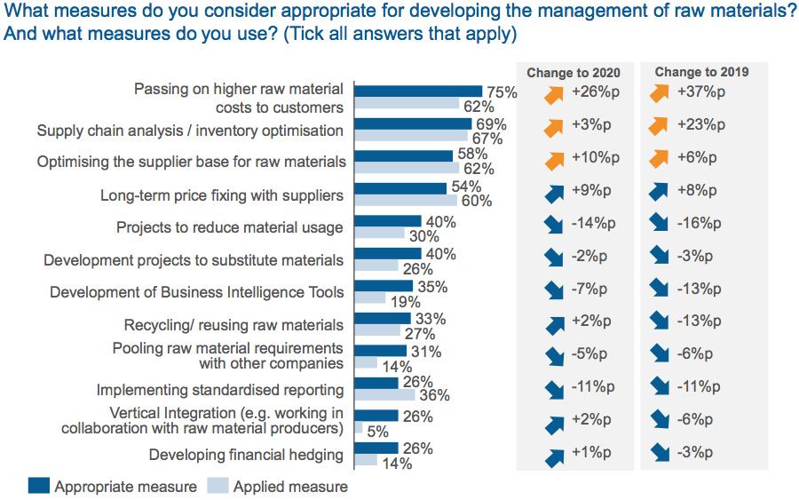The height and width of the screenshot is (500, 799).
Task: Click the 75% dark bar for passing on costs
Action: (417, 91)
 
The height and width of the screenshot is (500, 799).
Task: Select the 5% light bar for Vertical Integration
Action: (358, 428)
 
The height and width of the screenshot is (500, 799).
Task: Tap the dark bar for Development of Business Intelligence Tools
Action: (384, 286)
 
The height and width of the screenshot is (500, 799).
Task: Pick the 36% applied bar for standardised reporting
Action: (377, 395)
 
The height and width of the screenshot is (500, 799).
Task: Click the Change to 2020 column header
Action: (574, 73)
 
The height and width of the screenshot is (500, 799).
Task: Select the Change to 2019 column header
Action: (701, 72)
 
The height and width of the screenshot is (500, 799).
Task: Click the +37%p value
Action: (700, 92)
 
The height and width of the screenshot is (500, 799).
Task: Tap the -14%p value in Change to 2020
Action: (586, 223)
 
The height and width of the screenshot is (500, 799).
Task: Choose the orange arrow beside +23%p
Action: (660, 127)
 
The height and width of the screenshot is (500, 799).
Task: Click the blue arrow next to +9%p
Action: (553, 193)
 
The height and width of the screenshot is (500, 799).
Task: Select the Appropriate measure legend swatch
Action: (38, 486)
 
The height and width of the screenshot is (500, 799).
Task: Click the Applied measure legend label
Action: (290, 486)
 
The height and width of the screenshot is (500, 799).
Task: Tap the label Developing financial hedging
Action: (246, 455)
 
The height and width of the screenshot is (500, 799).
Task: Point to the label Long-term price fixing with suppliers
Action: (221, 194)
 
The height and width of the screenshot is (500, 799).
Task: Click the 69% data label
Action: (490, 123)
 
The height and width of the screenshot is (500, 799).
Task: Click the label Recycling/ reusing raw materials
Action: (233, 324)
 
